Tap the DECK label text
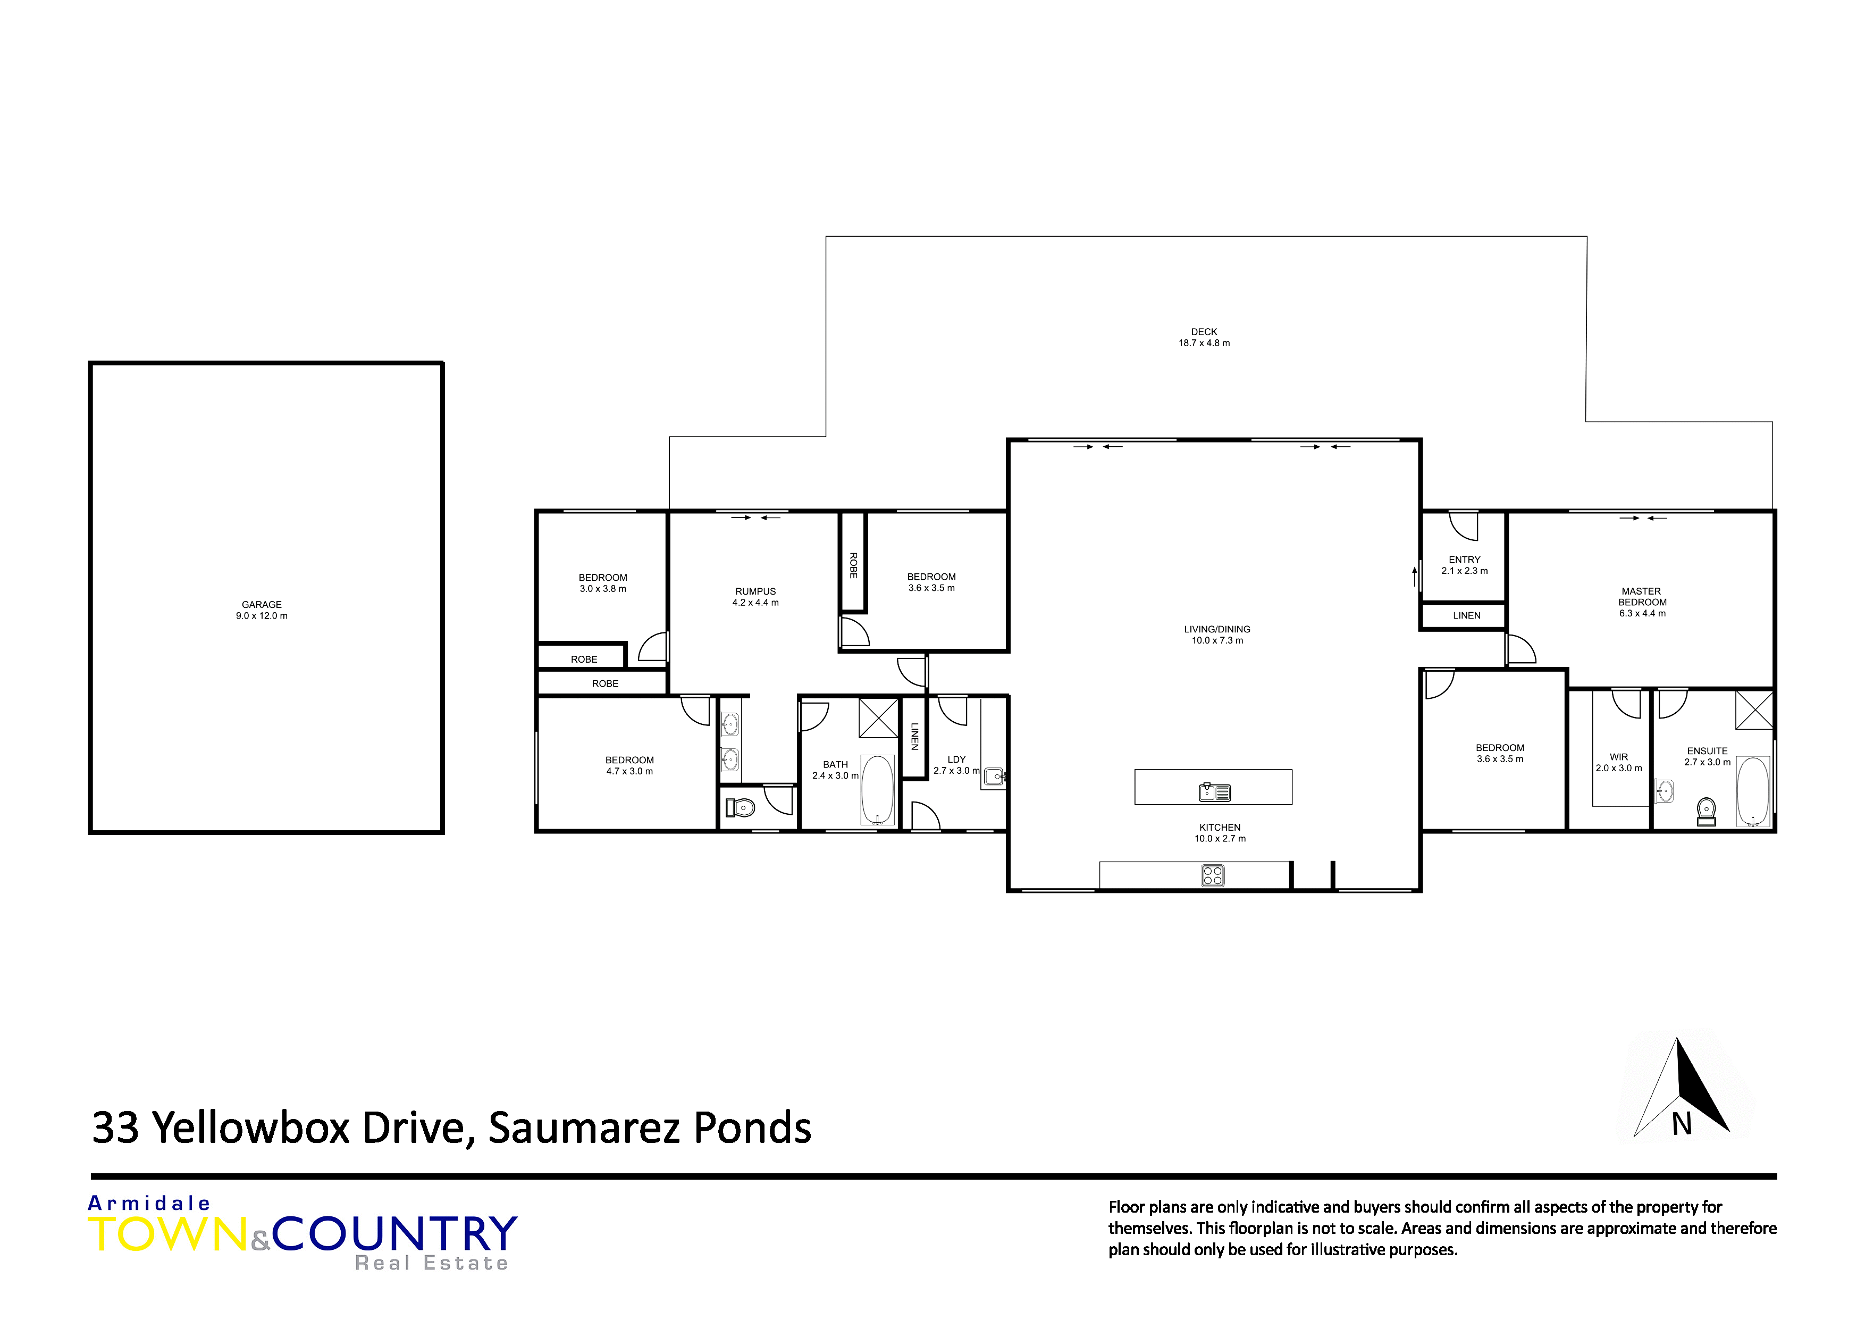click(x=1204, y=331)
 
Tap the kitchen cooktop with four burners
click(x=1213, y=875)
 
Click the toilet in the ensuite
click(x=1707, y=811)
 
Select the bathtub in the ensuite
click(x=1752, y=791)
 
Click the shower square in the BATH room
click(x=879, y=717)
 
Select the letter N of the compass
click(x=1682, y=1125)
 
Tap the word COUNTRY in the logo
click(x=395, y=1234)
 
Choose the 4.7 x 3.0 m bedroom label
click(x=629, y=765)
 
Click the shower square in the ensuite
click(x=1754, y=709)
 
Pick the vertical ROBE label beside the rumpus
click(x=853, y=565)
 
